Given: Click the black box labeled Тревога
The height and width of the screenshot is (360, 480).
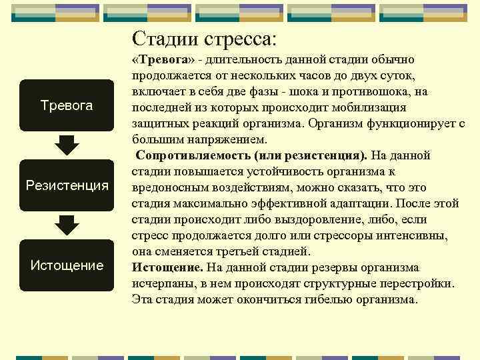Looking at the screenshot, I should (67, 105).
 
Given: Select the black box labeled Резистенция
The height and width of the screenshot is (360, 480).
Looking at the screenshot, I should (67, 185).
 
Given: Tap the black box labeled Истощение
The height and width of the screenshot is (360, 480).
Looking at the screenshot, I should (67, 265).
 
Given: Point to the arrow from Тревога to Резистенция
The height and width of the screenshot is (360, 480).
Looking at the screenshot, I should (67, 145).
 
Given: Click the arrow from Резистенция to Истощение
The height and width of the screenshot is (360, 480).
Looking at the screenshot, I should (67, 225).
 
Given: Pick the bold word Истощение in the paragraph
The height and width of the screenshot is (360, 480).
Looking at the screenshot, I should (167, 267).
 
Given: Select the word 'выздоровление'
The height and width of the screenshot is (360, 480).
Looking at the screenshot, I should (302, 219).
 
